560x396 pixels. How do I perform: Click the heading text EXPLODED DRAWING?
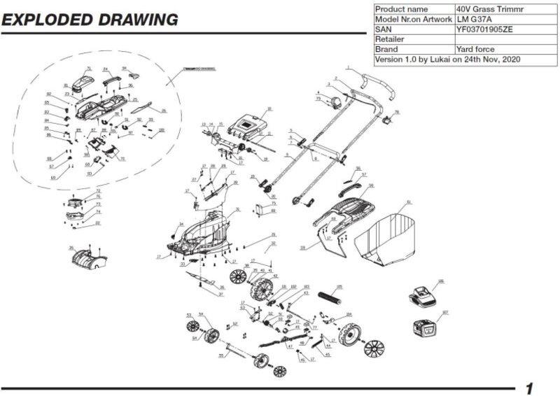pyautogui.click(x=90, y=20)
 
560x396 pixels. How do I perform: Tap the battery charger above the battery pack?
pyautogui.click(x=423, y=296)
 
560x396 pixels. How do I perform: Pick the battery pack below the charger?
pyautogui.click(x=428, y=327)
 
